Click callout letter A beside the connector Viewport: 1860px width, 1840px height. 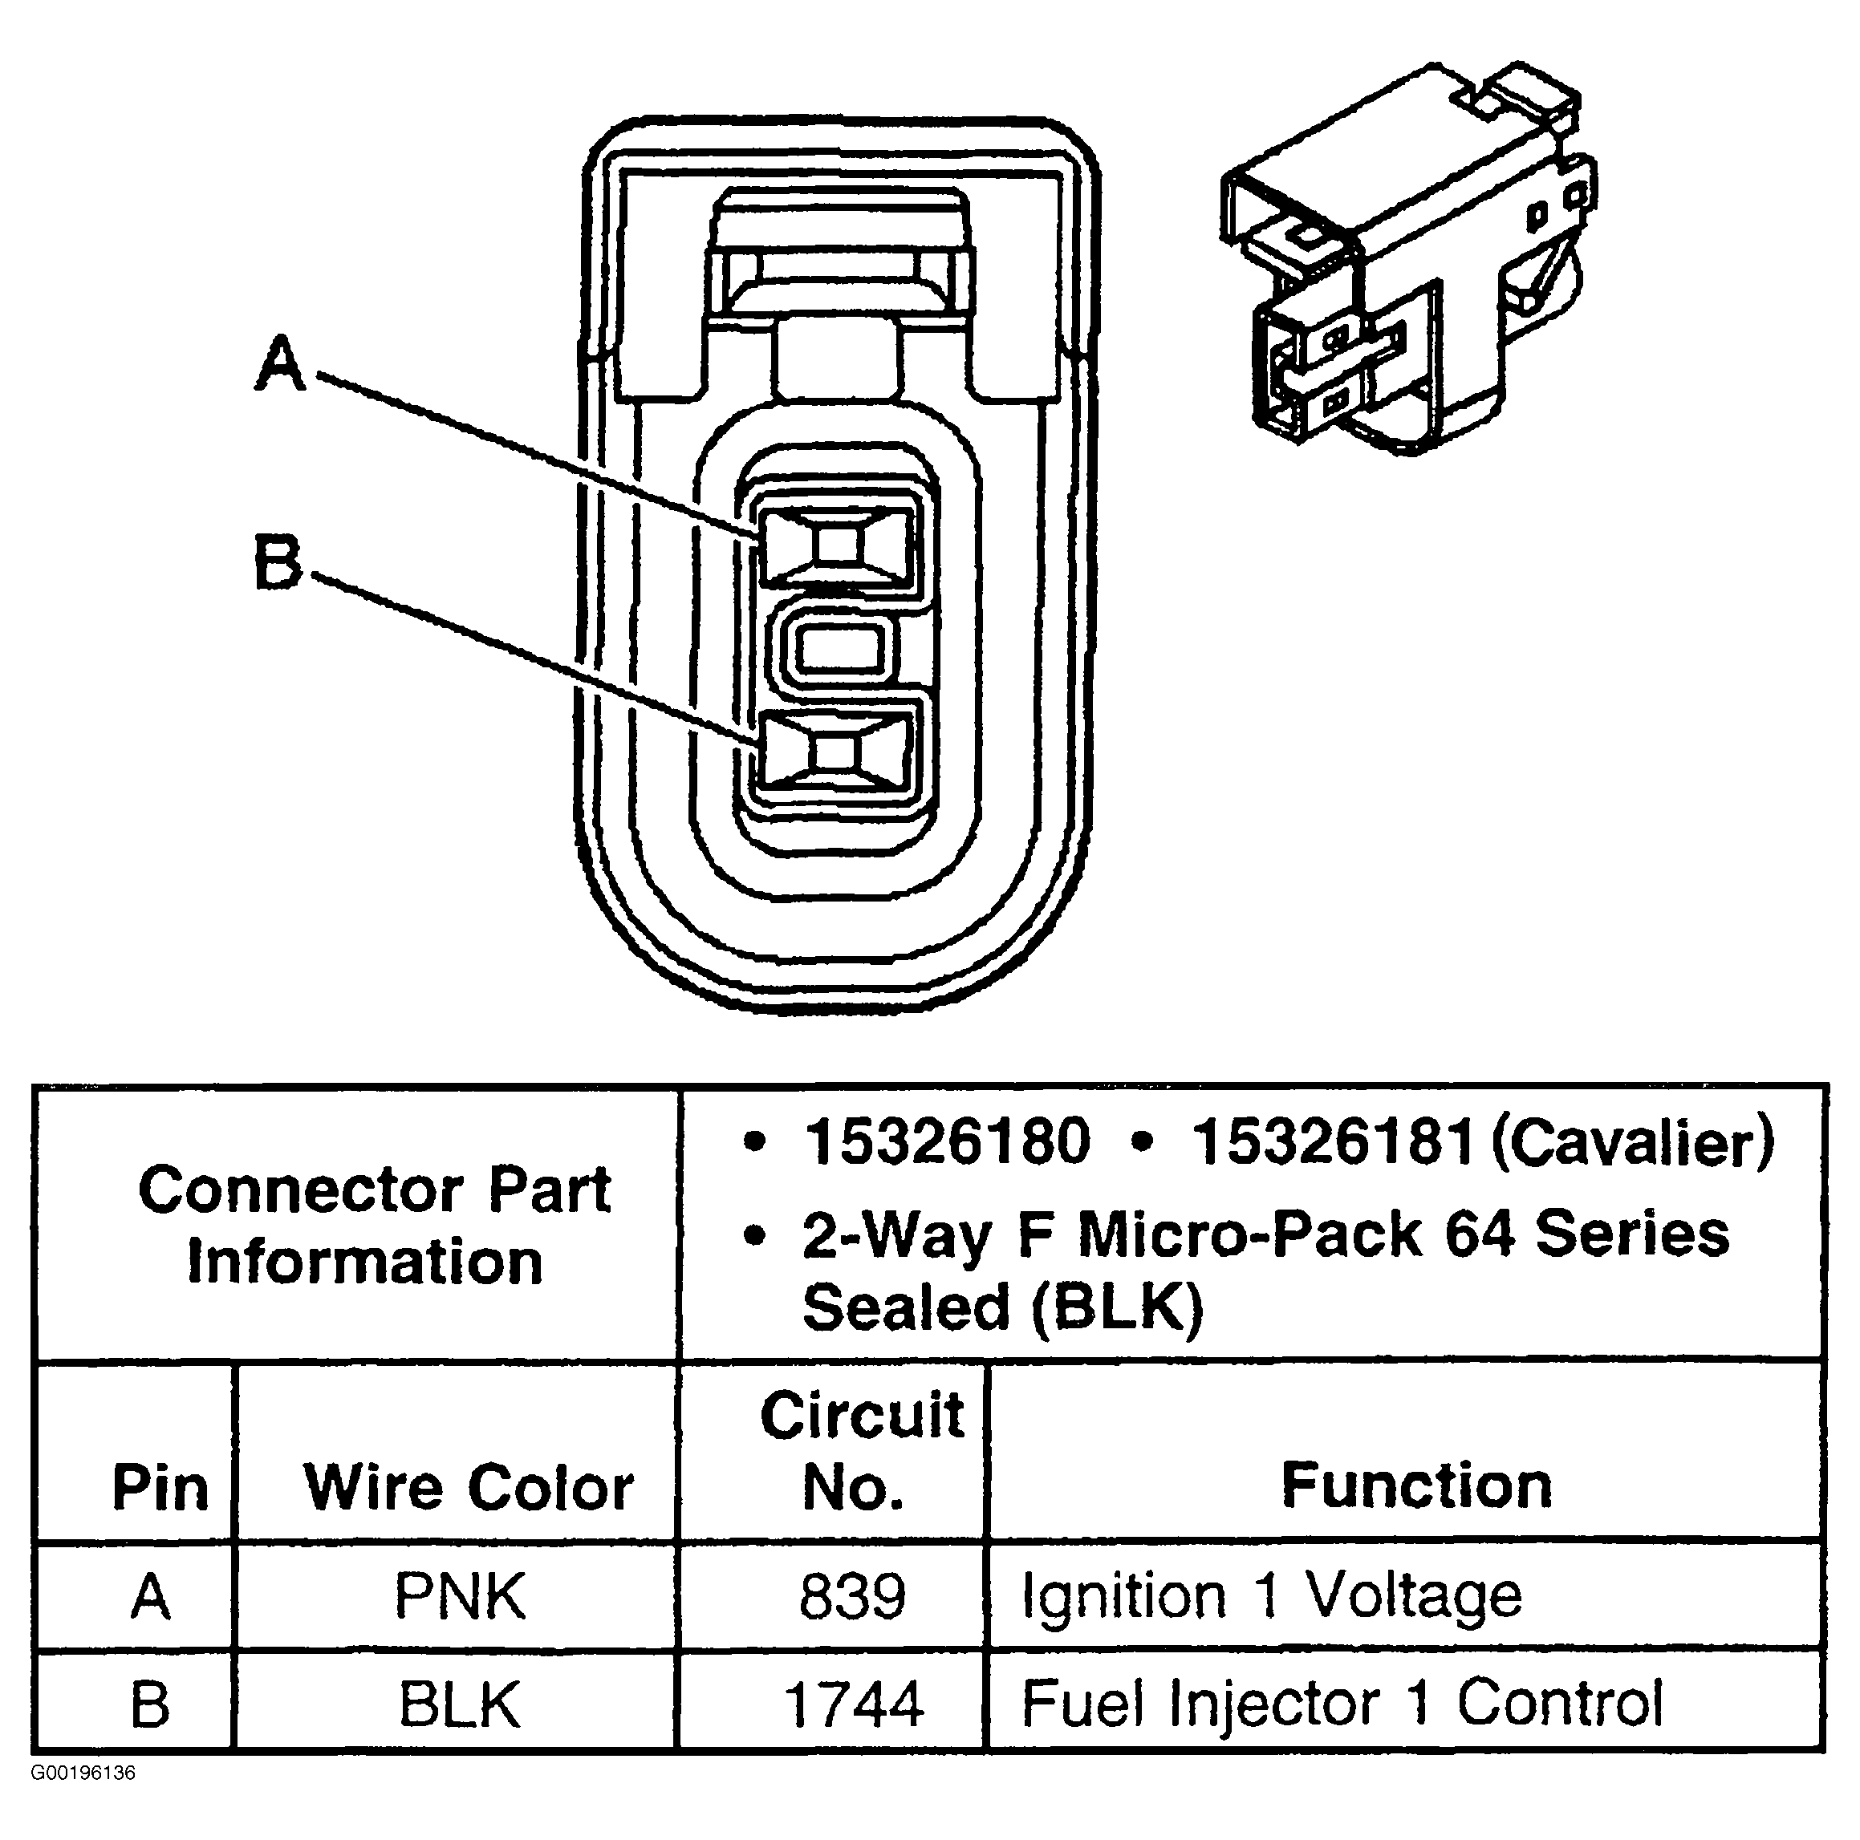[281, 363]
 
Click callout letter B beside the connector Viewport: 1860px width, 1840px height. [278, 562]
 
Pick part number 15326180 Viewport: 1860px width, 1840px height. [948, 1142]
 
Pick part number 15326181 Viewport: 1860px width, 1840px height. [1334, 1142]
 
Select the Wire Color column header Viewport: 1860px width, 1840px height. [469, 1487]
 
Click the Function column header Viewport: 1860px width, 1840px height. [1416, 1485]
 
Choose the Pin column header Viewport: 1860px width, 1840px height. [160, 1488]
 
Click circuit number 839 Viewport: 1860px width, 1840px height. [852, 1596]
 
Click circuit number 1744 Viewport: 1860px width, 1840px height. [854, 1704]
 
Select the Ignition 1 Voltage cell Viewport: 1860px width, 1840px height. [1271, 1595]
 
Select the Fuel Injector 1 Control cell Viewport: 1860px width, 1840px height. [1341, 1704]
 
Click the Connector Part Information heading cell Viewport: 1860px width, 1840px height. [374, 1225]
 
